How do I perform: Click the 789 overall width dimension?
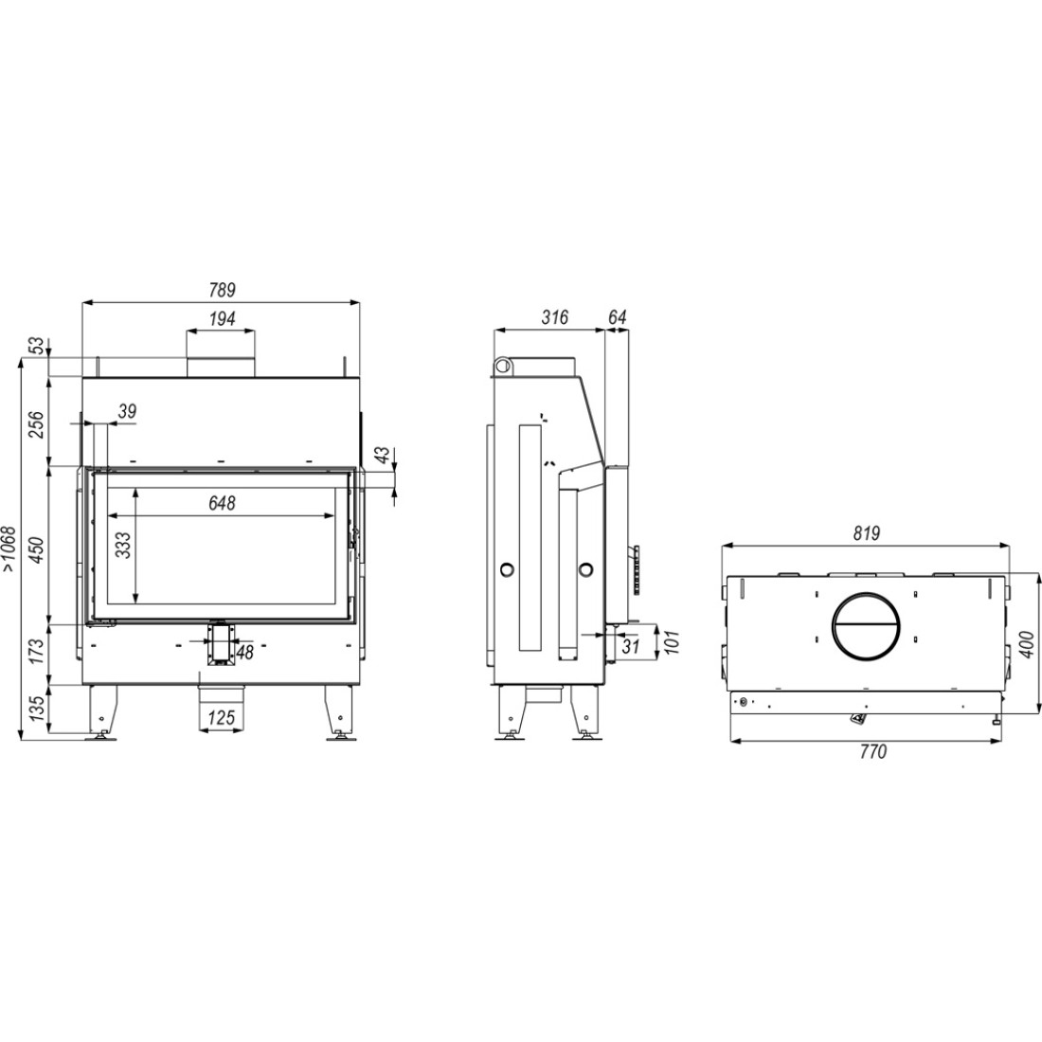coord(222,291)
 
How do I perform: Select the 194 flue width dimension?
coord(222,319)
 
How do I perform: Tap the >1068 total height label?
coord(9,548)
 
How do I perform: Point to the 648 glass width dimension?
coord(222,503)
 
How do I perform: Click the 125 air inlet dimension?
coord(222,717)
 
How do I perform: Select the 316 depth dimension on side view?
coord(554,317)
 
